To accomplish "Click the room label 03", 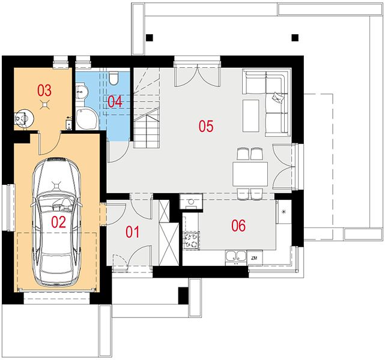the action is (44, 90).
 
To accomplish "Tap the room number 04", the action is (115, 102).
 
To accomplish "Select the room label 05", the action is (206, 126).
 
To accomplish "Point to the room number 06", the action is (238, 226).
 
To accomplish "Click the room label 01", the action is (133, 232).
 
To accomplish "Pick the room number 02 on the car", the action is (59, 222).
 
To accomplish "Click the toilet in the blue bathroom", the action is (113, 78).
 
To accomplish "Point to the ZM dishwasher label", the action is (255, 258).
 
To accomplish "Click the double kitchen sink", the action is (236, 257).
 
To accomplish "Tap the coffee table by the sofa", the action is (250, 116).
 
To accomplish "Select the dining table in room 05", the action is (250, 173).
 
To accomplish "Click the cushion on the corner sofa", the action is (277, 97).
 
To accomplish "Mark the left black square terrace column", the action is (150, 38).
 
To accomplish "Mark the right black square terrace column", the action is (295, 38).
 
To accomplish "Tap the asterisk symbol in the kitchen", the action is (284, 211).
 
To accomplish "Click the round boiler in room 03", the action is (24, 118).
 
